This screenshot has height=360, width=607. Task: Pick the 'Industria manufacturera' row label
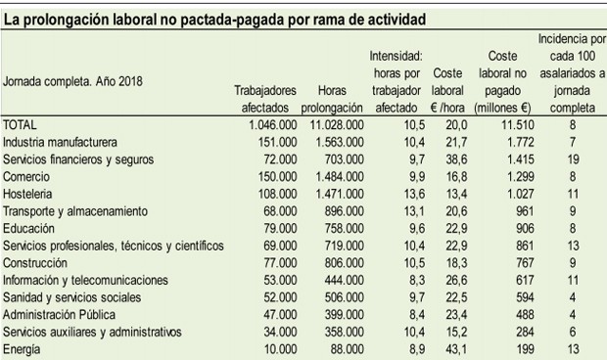60,142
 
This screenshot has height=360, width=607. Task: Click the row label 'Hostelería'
30,195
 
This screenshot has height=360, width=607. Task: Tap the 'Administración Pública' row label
59,315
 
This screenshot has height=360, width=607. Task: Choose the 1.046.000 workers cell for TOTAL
268,124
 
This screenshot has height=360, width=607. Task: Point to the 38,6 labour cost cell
451,159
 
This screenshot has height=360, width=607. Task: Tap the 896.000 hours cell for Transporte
342,211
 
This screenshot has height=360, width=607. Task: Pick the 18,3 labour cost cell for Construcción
451,263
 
